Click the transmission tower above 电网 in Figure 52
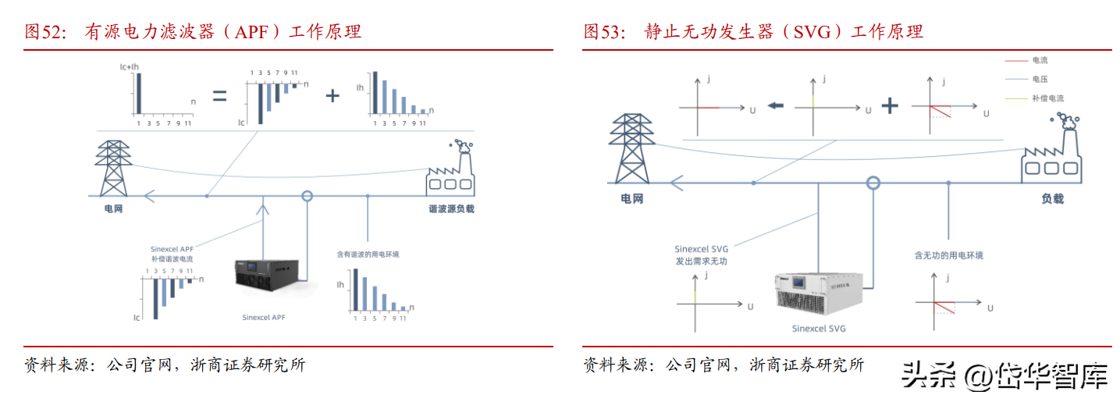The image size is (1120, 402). pos(113,169)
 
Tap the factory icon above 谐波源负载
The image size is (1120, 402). pos(450,168)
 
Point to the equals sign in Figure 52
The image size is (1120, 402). pos(220,96)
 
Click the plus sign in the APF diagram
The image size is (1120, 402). pos(333,96)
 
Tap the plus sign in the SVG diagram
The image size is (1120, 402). pos(890,106)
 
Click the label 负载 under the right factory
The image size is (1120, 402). pos(1051,199)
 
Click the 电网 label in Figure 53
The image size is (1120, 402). pos(631,199)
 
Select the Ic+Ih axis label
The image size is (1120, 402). pos(130,68)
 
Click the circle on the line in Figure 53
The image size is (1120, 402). pos(873,183)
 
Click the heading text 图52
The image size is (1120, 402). pos(44,32)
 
